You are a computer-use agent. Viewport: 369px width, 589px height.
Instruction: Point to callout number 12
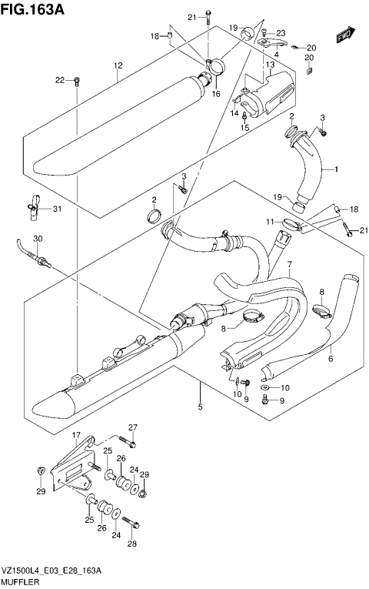(x=118, y=66)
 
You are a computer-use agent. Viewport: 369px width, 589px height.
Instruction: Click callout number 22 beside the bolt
(x=60, y=80)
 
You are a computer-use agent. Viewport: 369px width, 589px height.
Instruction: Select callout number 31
(x=57, y=209)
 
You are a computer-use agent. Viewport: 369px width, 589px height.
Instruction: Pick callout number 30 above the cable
(x=38, y=238)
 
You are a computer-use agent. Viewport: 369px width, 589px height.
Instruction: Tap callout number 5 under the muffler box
(x=200, y=407)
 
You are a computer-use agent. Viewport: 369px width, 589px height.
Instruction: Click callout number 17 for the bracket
(x=76, y=437)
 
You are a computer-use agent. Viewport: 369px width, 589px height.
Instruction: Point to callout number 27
(x=132, y=428)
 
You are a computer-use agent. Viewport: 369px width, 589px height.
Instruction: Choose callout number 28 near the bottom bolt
(x=132, y=544)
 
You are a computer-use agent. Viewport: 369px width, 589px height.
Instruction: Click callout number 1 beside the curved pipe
(x=335, y=168)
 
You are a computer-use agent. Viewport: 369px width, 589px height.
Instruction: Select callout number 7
(x=289, y=266)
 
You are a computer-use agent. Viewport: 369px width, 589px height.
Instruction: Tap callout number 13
(x=270, y=66)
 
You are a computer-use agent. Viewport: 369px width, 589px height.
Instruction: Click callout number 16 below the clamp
(x=216, y=93)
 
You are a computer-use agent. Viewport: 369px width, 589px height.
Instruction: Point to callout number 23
(x=281, y=32)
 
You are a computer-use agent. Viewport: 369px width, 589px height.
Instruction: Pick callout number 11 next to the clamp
(x=270, y=223)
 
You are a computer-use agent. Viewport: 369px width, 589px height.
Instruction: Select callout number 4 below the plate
(x=276, y=54)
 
